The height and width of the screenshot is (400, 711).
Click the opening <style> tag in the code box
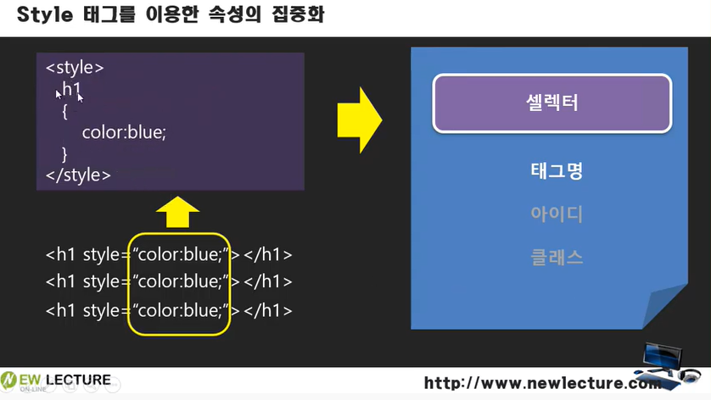coord(75,66)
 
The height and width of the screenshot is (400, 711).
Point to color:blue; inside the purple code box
coord(125,132)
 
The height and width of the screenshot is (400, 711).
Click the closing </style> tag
coord(78,175)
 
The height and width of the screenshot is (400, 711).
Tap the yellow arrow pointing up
coord(178,212)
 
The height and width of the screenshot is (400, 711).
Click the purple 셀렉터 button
coord(551,103)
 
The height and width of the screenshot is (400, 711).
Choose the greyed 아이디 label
coord(556,214)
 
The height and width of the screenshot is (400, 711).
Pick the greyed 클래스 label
coord(556,257)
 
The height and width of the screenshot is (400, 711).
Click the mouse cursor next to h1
coord(80,97)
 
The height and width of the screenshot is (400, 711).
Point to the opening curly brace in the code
coord(64,110)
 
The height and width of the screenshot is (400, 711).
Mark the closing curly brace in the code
coord(64,153)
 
